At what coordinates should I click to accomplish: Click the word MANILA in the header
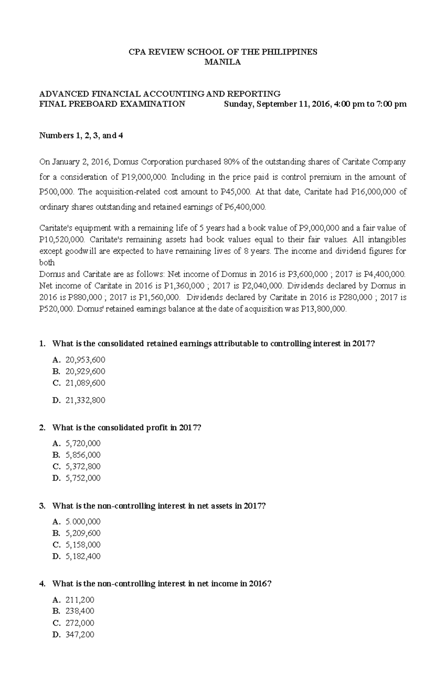point(223,62)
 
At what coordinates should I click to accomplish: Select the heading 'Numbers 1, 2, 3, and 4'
point(81,136)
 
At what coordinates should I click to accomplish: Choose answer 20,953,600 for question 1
point(85,360)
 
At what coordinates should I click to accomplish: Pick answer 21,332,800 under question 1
point(85,400)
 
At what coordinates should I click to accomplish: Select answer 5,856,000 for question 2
point(83,455)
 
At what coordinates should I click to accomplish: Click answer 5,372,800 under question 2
point(83,466)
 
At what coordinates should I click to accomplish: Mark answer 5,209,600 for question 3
point(83,533)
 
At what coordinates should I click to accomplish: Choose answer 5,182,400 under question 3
point(83,556)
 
